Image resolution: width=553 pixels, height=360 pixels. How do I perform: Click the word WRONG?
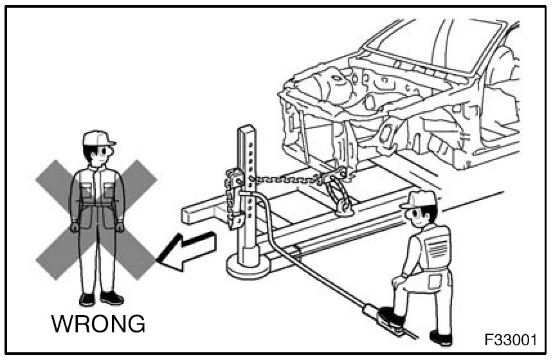point(98,323)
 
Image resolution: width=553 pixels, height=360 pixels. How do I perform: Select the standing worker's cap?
point(98,138)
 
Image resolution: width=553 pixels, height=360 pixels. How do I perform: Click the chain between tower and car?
point(283,182)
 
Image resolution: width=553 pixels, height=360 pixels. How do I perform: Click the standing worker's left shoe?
point(112,298)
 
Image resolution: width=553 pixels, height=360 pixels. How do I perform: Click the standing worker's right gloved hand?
point(75,226)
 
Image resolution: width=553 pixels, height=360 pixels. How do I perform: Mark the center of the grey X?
point(96,219)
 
